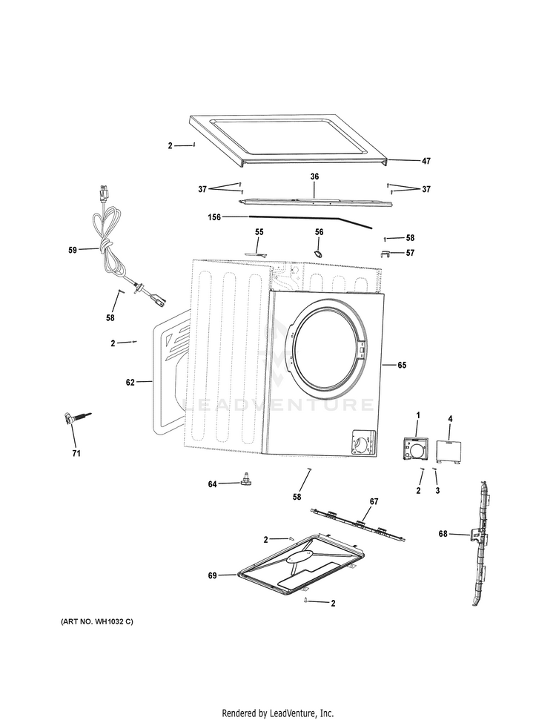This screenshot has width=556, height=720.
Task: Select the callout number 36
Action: [314, 177]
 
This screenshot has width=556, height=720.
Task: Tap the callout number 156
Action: [215, 217]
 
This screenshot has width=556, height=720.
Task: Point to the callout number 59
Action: [73, 250]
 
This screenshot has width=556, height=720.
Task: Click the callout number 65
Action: [402, 365]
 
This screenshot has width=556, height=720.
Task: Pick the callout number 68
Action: [443, 533]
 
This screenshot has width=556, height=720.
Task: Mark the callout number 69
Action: [213, 575]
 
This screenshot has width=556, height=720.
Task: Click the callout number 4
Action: [450, 420]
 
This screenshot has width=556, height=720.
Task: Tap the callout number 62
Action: [130, 383]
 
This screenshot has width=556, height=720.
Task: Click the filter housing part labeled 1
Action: [416, 450]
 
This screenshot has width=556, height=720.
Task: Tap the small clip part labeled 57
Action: [385, 254]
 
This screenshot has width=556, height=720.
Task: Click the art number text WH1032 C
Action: [96, 621]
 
